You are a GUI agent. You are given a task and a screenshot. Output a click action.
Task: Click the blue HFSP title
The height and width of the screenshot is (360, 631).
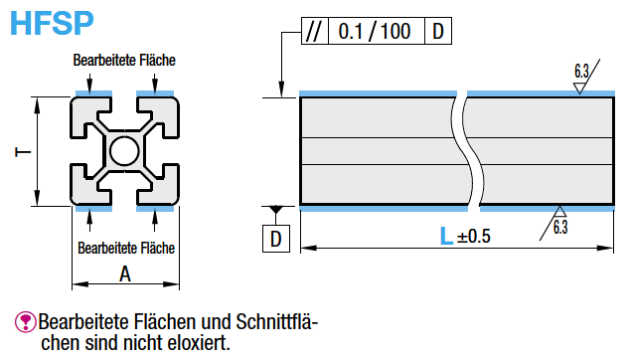pos(52,23)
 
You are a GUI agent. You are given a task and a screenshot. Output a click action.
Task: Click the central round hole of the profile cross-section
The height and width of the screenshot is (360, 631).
pos(124,151)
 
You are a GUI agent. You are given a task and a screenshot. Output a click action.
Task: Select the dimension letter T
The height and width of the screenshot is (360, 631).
pos(23,152)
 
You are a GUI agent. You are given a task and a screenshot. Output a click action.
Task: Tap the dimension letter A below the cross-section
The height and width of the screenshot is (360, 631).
pos(125,274)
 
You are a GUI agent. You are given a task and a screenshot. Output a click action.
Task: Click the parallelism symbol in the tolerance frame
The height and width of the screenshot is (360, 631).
pos(314,31)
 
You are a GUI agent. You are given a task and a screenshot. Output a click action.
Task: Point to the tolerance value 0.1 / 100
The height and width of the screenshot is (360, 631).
pos(375,31)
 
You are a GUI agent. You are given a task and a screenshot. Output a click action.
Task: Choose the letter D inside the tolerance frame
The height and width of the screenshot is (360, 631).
pos(438,31)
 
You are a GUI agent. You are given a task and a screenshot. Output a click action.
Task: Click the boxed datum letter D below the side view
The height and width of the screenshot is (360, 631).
pos(276,239)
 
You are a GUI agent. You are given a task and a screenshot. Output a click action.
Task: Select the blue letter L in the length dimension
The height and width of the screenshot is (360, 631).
pos(447,236)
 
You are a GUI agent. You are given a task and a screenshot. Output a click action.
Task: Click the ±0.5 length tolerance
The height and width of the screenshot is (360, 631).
pos(474,237)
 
